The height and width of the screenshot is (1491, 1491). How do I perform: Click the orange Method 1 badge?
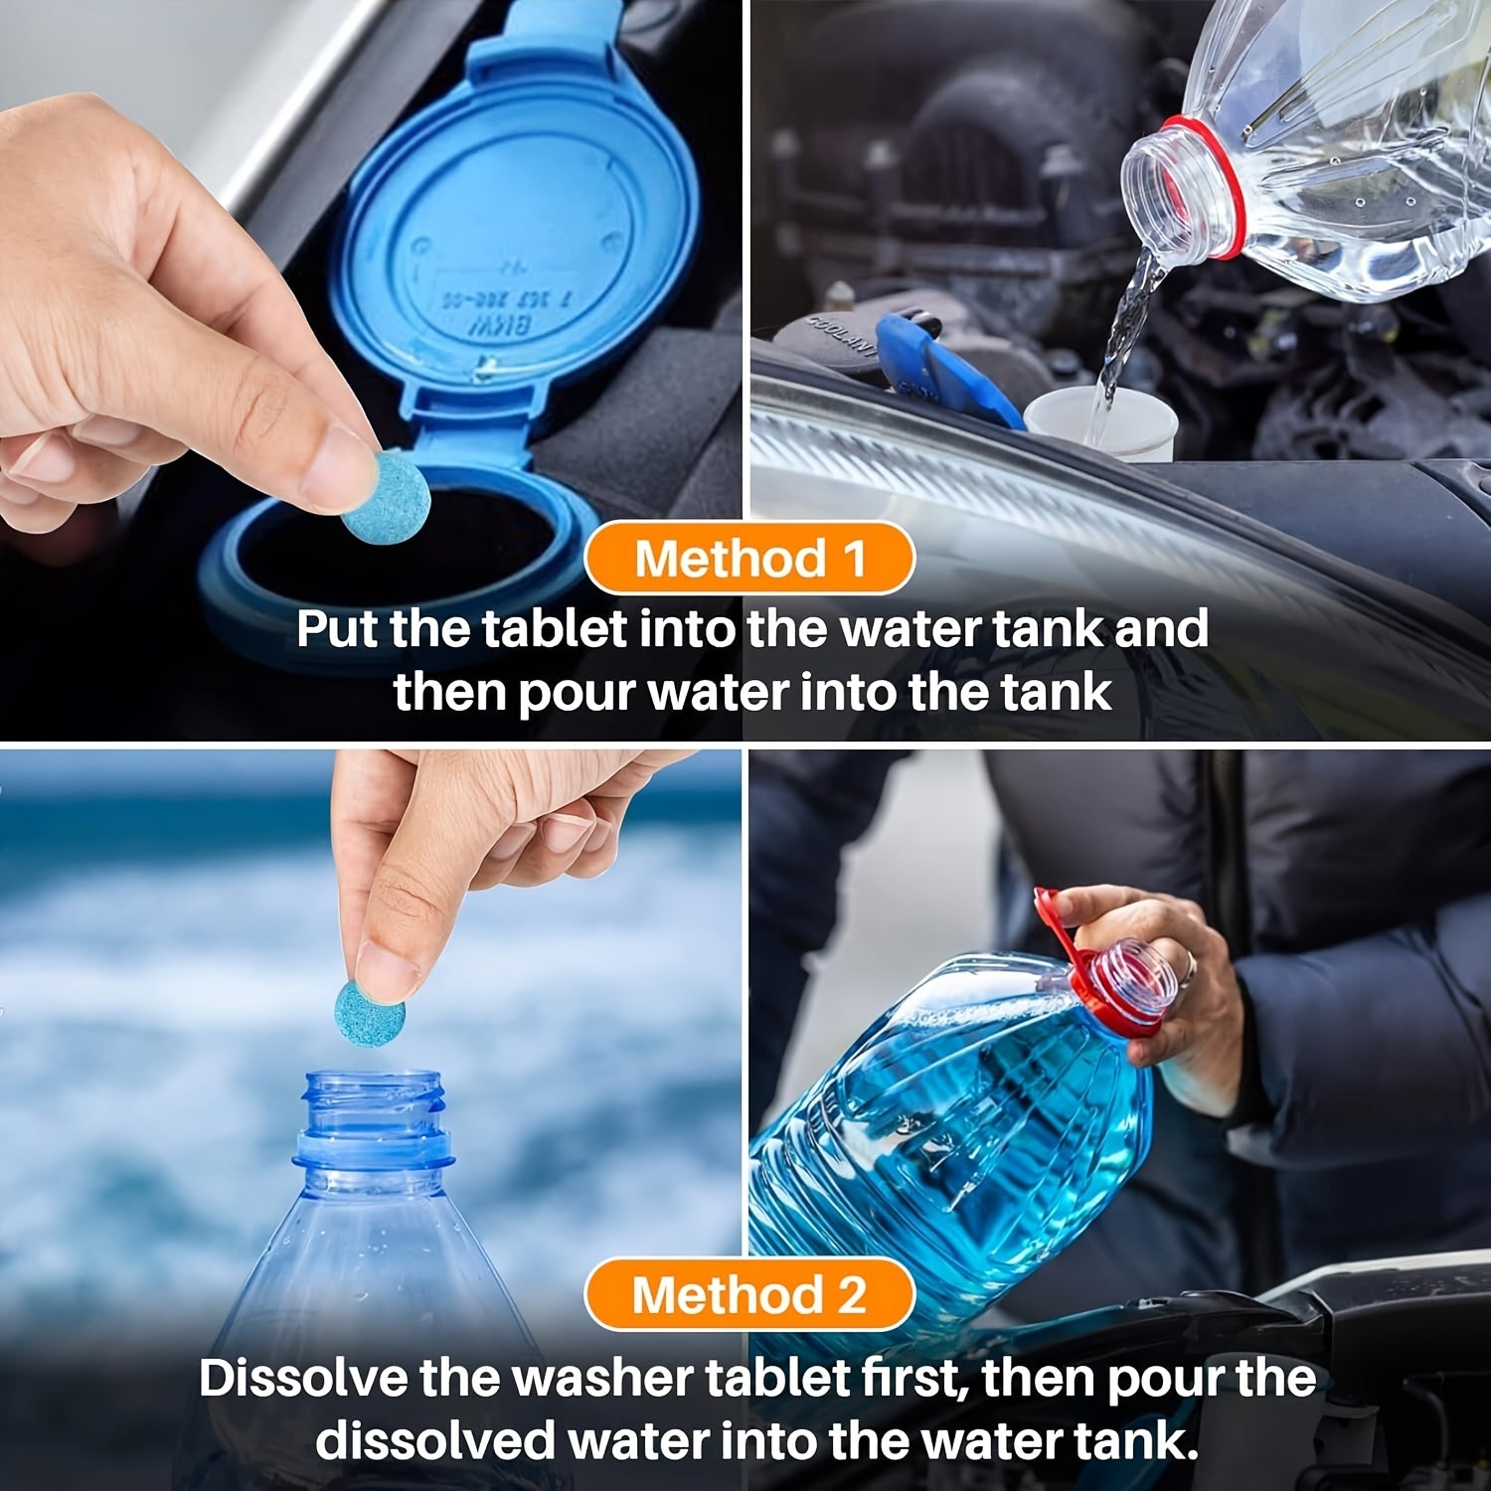[748, 558]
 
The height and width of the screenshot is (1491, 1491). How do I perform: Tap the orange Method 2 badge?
[748, 1294]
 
